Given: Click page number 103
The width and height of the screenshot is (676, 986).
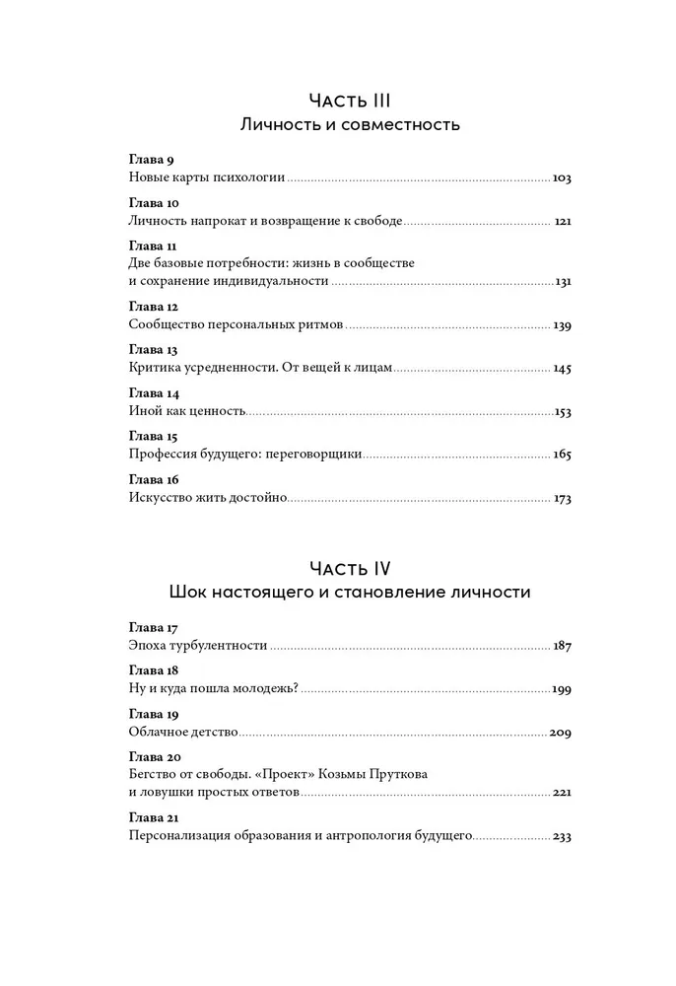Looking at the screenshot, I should click(562, 178).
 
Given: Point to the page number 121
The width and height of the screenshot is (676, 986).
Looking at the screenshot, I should click(563, 222).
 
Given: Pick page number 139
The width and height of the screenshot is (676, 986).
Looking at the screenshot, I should click(562, 325).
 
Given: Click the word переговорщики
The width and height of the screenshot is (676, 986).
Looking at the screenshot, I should click(315, 456).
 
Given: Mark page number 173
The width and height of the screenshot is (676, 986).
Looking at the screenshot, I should click(563, 499).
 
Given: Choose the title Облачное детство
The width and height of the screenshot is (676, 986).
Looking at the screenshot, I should click(184, 734).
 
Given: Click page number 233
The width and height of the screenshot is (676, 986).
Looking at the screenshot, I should click(562, 837).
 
